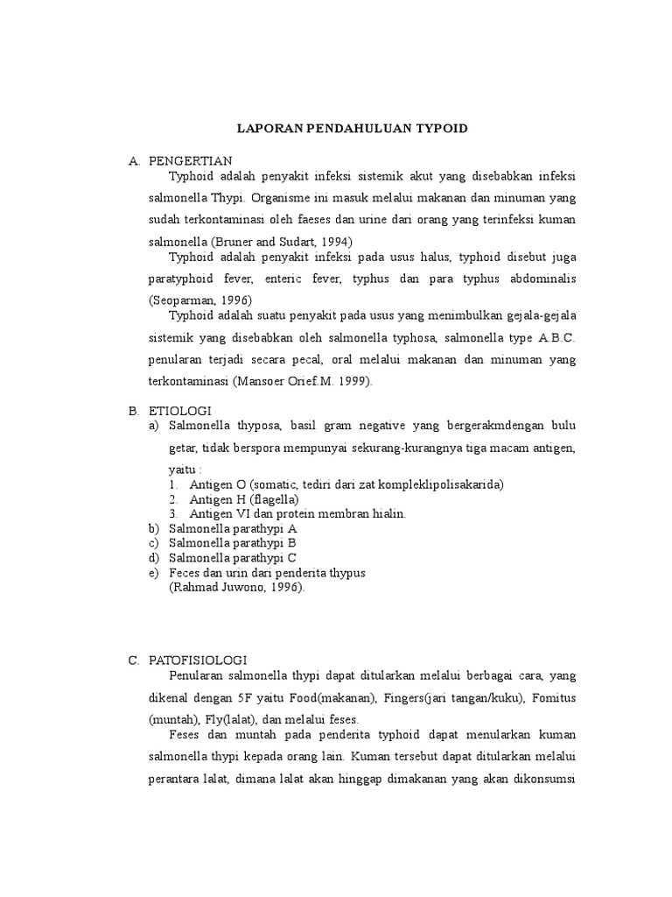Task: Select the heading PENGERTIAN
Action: point(190,161)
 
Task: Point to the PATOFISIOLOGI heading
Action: point(199,660)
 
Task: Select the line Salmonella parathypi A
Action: point(234,529)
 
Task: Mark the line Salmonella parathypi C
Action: point(234,558)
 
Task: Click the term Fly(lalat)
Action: point(215,718)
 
